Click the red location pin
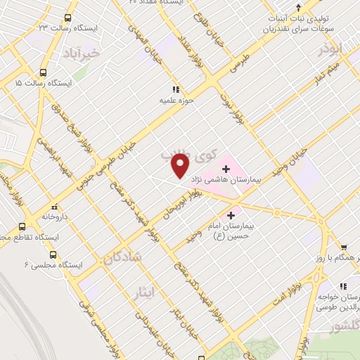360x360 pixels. click(181, 166)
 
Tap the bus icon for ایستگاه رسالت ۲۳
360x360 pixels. click(67, 18)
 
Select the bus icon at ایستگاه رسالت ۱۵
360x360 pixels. click(44, 72)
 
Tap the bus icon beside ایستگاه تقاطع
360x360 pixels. click(22, 227)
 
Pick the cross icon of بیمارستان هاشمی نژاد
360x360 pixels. click(226, 169)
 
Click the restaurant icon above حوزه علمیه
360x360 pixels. click(176, 89)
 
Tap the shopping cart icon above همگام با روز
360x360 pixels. click(344, 247)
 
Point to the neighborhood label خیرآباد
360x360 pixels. click(101, 53)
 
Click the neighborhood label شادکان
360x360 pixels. click(122, 258)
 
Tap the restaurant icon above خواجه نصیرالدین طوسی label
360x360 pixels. click(344, 286)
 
